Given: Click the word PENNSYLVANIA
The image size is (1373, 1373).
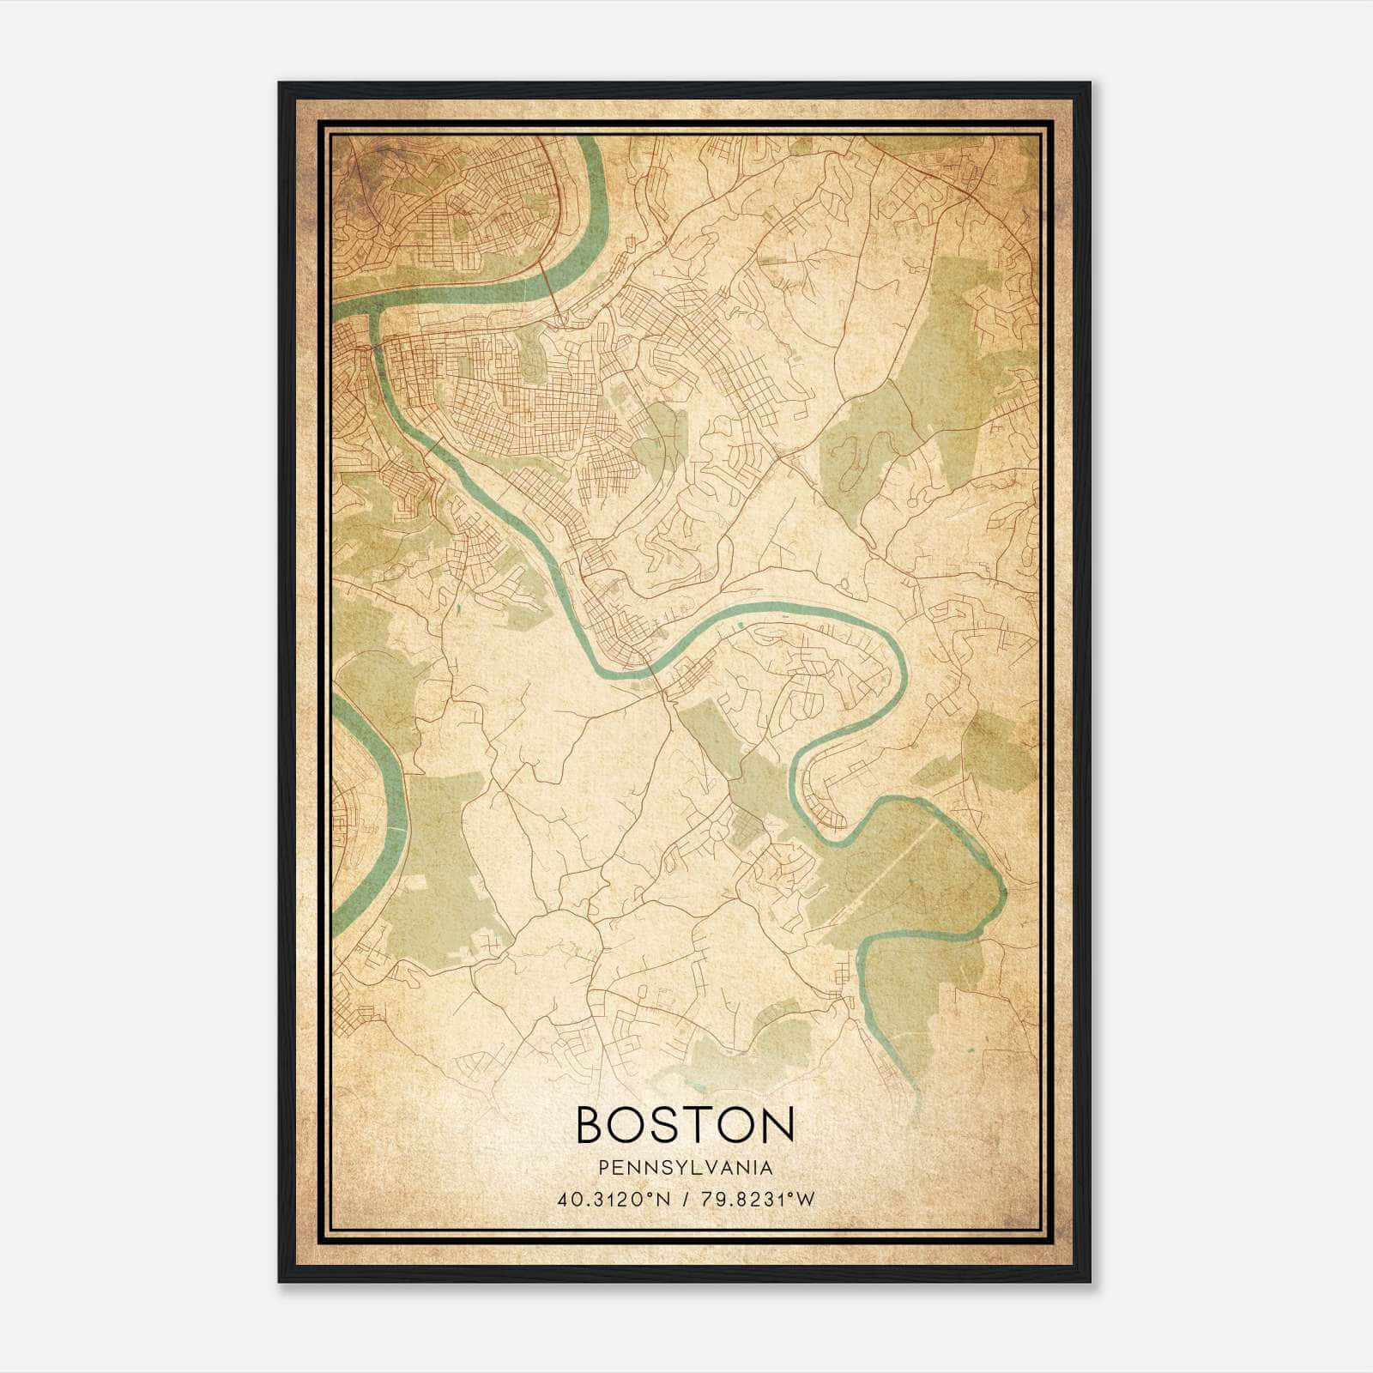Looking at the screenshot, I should [x=686, y=1168].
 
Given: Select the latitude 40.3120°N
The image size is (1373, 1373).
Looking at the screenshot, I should [x=610, y=1200].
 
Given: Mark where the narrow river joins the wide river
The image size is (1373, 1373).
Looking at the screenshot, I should [x=374, y=314].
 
